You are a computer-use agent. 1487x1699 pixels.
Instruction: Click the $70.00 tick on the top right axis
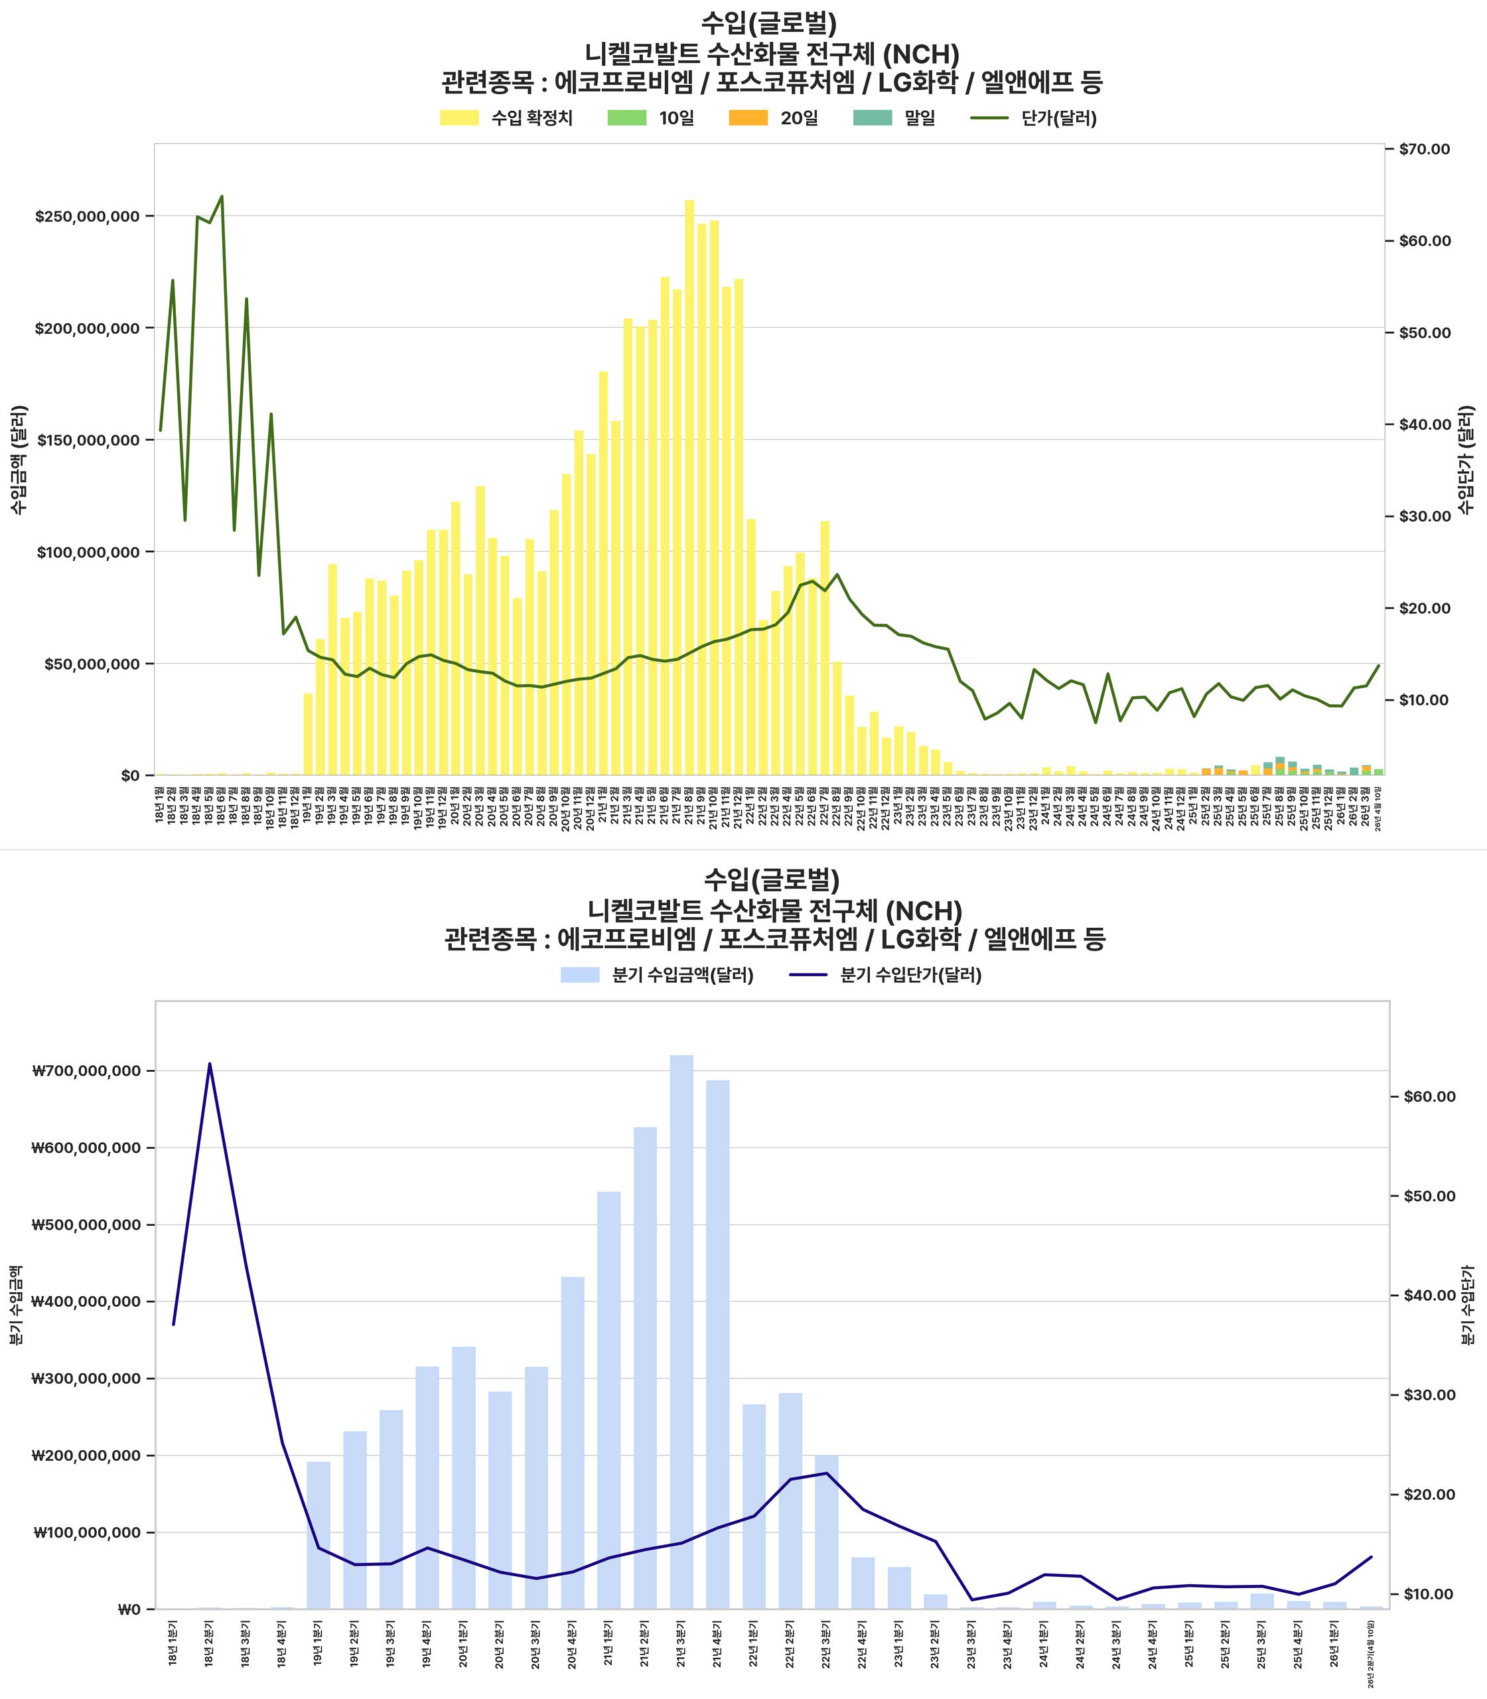click(x=1424, y=149)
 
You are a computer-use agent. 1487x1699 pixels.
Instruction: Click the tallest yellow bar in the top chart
click(x=689, y=490)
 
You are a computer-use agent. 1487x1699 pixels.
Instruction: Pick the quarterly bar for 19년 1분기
click(x=319, y=1536)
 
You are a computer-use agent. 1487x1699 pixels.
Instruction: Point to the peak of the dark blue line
click(x=210, y=1063)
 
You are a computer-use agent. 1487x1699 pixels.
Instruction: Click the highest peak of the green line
click(x=222, y=196)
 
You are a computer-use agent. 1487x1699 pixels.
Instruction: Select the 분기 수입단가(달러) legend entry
click(x=910, y=975)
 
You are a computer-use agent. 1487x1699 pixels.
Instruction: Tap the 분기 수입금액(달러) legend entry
click(x=682, y=975)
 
